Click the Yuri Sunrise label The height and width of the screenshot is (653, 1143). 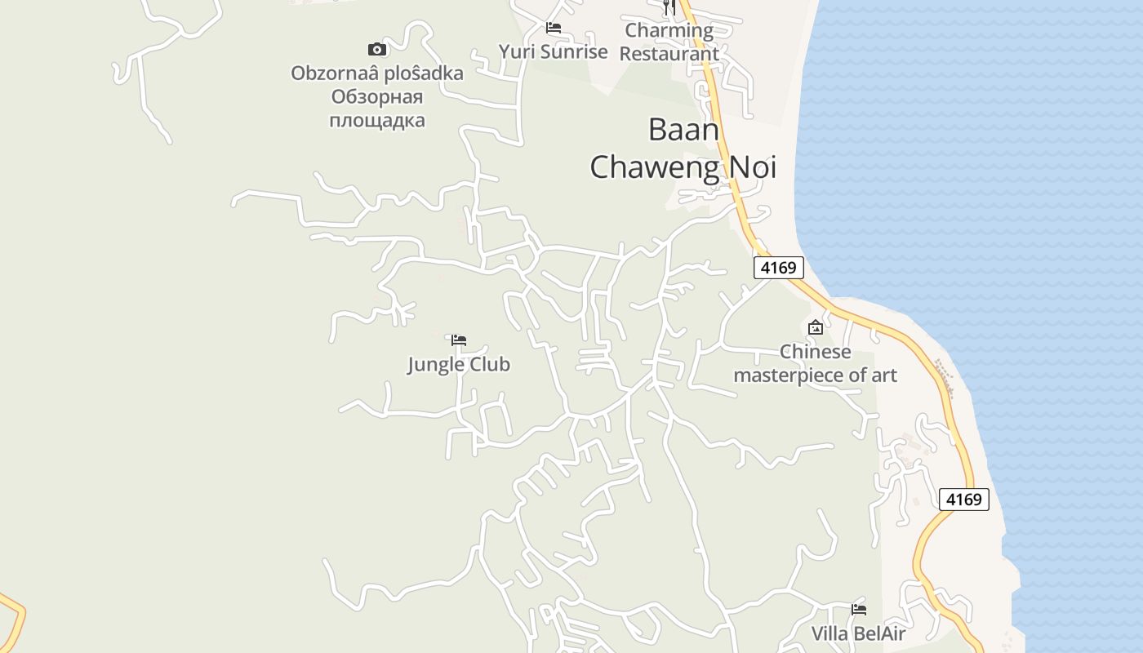pyautogui.click(x=554, y=52)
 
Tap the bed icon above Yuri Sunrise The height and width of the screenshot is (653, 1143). pyautogui.click(x=554, y=28)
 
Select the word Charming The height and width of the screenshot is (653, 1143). pyautogui.click(x=669, y=31)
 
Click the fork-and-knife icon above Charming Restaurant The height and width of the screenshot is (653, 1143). pyautogui.click(x=669, y=7)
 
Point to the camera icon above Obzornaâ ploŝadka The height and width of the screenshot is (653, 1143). pyautogui.click(x=376, y=50)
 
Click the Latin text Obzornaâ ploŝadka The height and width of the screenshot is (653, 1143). pyautogui.click(x=376, y=73)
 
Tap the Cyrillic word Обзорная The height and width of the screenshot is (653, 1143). pyautogui.click(x=376, y=97)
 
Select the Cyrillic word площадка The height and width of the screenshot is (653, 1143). pyautogui.click(x=376, y=121)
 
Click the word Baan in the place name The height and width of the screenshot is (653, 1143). pyautogui.click(x=683, y=129)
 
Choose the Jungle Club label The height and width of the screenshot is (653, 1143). pyautogui.click(x=459, y=364)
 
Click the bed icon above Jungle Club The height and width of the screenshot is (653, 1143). pyautogui.click(x=459, y=340)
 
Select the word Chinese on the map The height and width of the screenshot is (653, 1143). pyautogui.click(x=815, y=352)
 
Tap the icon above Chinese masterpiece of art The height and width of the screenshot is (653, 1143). pyautogui.click(x=815, y=328)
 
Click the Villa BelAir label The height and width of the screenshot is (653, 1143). pyautogui.click(x=858, y=633)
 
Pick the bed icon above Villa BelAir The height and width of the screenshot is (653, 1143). pyautogui.click(x=858, y=609)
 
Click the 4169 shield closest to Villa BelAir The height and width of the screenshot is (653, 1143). pyautogui.click(x=963, y=500)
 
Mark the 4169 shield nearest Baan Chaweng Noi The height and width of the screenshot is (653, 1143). pyautogui.click(x=778, y=268)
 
